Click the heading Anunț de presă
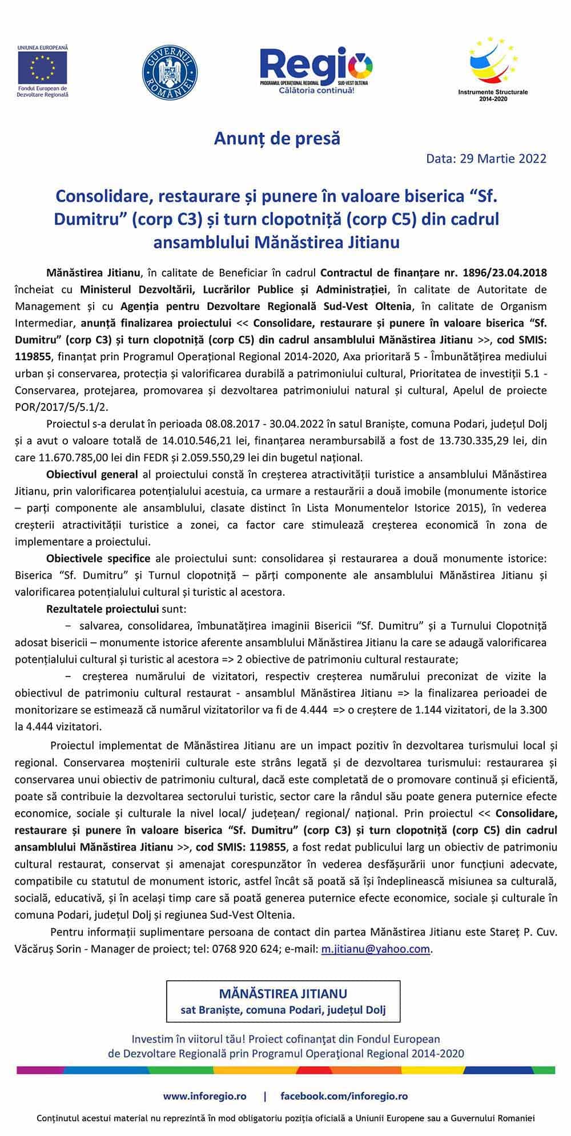(x=277, y=138)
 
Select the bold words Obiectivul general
(x=92, y=474)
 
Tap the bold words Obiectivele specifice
(x=98, y=558)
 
